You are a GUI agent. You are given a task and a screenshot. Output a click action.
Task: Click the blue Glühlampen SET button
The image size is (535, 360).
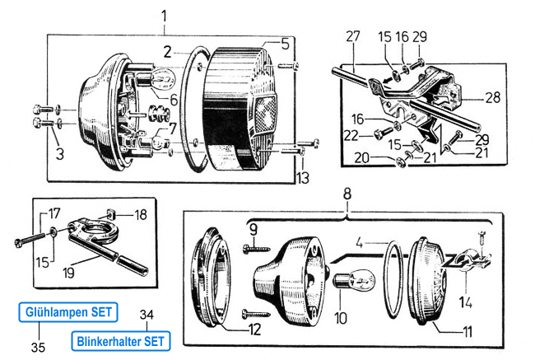(x=68, y=312)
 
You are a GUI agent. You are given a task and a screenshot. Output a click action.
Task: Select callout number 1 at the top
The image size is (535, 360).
(x=164, y=15)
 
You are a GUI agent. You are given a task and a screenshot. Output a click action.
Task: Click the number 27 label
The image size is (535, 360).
(x=353, y=36)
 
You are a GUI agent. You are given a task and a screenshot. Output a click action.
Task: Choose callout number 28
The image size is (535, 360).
(x=492, y=97)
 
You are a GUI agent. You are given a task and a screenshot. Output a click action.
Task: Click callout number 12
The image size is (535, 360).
(x=254, y=330)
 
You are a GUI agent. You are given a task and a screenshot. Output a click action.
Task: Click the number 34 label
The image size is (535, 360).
(x=147, y=314)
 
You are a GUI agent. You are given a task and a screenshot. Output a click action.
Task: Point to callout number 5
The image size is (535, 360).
(x=285, y=44)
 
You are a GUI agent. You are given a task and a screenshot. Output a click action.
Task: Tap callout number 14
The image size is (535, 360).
(x=466, y=302)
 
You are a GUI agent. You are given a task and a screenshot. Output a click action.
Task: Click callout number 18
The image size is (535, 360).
(x=140, y=214)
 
